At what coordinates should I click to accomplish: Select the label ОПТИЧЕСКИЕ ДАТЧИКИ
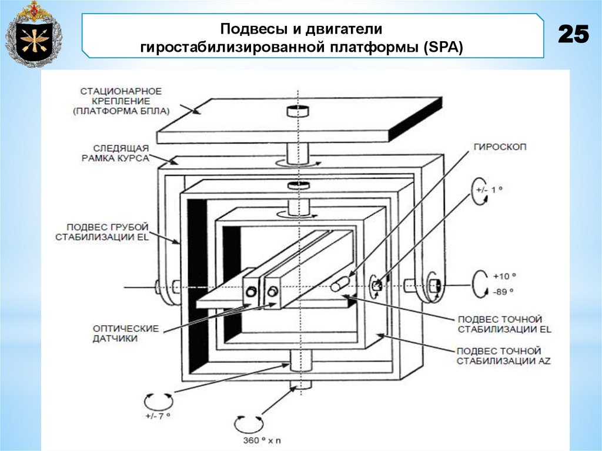point(117,333)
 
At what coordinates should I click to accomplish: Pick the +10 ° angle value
point(506,276)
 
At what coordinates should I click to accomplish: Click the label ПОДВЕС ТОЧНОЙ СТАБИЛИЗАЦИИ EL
point(503,324)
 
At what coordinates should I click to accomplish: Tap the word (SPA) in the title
point(442,47)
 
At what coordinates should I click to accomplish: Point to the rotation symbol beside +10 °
point(481,282)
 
